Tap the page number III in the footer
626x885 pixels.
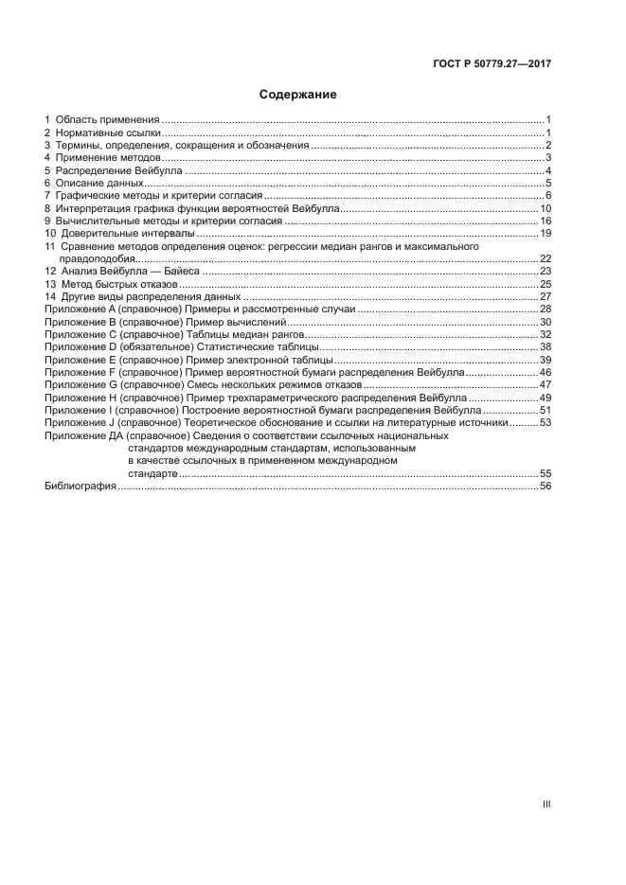coord(546,804)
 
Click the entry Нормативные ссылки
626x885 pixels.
coord(108,133)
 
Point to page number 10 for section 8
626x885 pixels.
coord(546,208)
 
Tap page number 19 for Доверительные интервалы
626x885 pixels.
coord(546,233)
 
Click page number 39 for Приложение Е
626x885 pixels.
coord(546,361)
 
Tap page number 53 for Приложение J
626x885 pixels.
coord(546,423)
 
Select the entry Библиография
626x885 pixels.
coord(80,486)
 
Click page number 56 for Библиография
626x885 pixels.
coord(546,486)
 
